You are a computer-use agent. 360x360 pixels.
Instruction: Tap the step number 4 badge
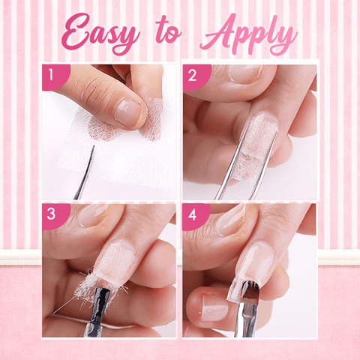click(x=193, y=214)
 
